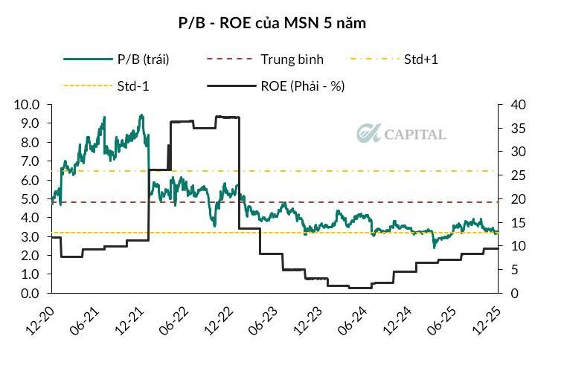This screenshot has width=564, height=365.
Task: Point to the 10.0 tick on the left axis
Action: click(28, 105)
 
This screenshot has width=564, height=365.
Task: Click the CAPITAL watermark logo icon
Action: click(368, 134)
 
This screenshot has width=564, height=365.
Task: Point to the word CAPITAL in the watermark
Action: click(415, 135)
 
